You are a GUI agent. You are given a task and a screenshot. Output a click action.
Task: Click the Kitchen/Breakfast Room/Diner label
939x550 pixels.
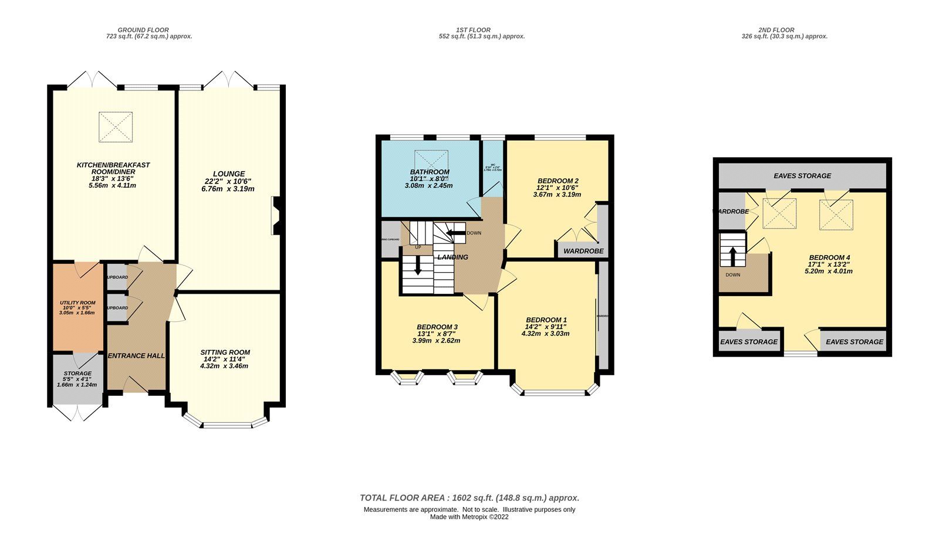[x=113, y=168]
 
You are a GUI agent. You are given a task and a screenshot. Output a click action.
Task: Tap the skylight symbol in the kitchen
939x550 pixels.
[x=115, y=127]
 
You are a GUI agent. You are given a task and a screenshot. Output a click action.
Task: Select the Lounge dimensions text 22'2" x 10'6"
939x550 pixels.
[x=229, y=181]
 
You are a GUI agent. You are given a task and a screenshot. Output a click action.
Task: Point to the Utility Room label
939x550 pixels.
[x=77, y=303]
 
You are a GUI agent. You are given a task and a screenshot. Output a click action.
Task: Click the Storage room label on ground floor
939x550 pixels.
[x=77, y=374]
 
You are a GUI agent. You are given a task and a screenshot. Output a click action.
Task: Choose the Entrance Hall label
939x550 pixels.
[x=136, y=356]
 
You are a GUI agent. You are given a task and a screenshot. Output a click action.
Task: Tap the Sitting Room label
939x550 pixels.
[x=225, y=352]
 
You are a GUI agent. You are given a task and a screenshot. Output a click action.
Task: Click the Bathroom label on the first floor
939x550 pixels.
[x=430, y=172]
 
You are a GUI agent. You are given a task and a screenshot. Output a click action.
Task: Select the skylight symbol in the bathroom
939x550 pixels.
[x=431, y=160]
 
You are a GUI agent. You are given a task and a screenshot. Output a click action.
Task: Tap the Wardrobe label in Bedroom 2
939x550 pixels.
[x=583, y=251]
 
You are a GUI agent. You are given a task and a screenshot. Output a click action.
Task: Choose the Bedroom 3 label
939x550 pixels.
[x=437, y=327]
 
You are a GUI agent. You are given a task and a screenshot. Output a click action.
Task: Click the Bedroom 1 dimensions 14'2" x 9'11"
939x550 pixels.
[x=546, y=327]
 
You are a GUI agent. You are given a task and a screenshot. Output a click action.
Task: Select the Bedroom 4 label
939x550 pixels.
[x=829, y=257]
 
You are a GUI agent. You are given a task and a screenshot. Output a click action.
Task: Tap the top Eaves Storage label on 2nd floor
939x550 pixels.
[x=802, y=176]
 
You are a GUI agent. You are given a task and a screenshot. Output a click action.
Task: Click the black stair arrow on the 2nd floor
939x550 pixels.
[x=732, y=256]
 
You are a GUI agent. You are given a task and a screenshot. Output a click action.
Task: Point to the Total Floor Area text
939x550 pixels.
[x=469, y=498]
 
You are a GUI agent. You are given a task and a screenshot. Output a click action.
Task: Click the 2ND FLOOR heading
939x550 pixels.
[x=776, y=30]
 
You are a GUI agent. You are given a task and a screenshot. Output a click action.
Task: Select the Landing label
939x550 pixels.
[x=452, y=257]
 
